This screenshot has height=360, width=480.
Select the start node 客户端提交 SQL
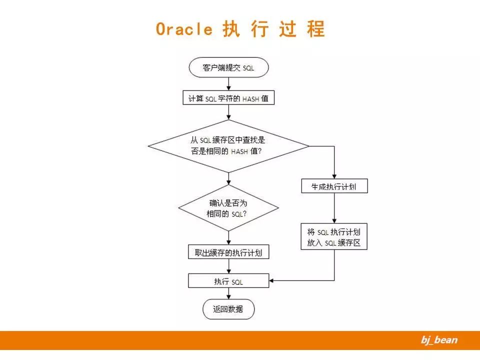[x=228, y=67]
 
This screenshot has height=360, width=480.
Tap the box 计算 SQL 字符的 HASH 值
[x=228, y=98]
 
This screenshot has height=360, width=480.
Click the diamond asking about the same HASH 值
[x=228, y=146]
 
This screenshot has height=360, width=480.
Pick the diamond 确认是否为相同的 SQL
[x=228, y=208]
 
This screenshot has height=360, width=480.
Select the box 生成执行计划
[x=334, y=186]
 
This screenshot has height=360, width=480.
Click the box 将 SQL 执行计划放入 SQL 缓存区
[x=334, y=237]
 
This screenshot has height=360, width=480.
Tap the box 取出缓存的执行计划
[x=228, y=252]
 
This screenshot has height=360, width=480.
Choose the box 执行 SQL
[x=228, y=281]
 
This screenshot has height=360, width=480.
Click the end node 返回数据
[x=228, y=309]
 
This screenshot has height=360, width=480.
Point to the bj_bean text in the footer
[x=438, y=340]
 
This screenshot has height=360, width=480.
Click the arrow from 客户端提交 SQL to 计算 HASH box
[x=228, y=84]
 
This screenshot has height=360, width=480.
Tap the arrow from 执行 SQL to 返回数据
[x=228, y=293]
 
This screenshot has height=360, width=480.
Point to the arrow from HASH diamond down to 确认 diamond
[x=228, y=178]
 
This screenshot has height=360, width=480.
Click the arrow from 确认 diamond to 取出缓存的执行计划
[x=228, y=237]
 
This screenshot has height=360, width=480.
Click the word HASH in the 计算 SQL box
[x=250, y=99]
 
